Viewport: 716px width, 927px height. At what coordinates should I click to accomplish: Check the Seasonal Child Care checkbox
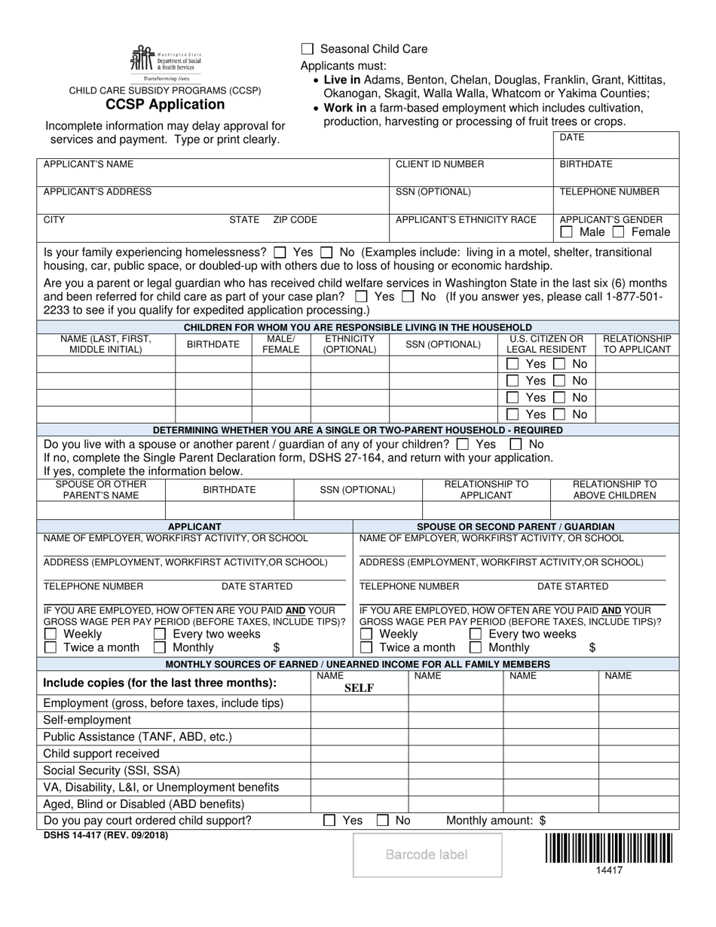coord(307,49)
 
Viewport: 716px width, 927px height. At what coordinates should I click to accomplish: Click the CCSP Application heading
coord(165,105)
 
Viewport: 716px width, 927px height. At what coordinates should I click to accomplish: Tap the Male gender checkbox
coord(567,233)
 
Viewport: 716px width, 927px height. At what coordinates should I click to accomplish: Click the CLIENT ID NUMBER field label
coord(440,164)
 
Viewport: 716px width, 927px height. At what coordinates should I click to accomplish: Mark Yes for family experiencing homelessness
coord(280,252)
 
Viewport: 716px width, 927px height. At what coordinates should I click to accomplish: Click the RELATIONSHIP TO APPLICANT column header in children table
coord(637,344)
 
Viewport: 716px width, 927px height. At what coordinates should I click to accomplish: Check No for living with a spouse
coord(516,445)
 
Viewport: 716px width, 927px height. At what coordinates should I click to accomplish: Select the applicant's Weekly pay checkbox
coord(50,635)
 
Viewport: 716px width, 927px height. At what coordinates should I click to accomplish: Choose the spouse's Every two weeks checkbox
coord(476,635)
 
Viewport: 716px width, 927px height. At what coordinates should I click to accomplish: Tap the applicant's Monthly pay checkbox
coord(160,647)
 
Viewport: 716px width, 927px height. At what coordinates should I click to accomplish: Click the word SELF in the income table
coord(359,687)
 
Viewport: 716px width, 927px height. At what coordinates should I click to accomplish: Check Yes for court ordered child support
coord(329,821)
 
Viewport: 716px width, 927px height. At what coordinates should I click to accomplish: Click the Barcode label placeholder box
coord(427,855)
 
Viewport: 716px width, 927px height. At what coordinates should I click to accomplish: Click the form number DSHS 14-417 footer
coord(106,835)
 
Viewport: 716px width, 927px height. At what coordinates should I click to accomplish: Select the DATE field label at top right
coord(572,137)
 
